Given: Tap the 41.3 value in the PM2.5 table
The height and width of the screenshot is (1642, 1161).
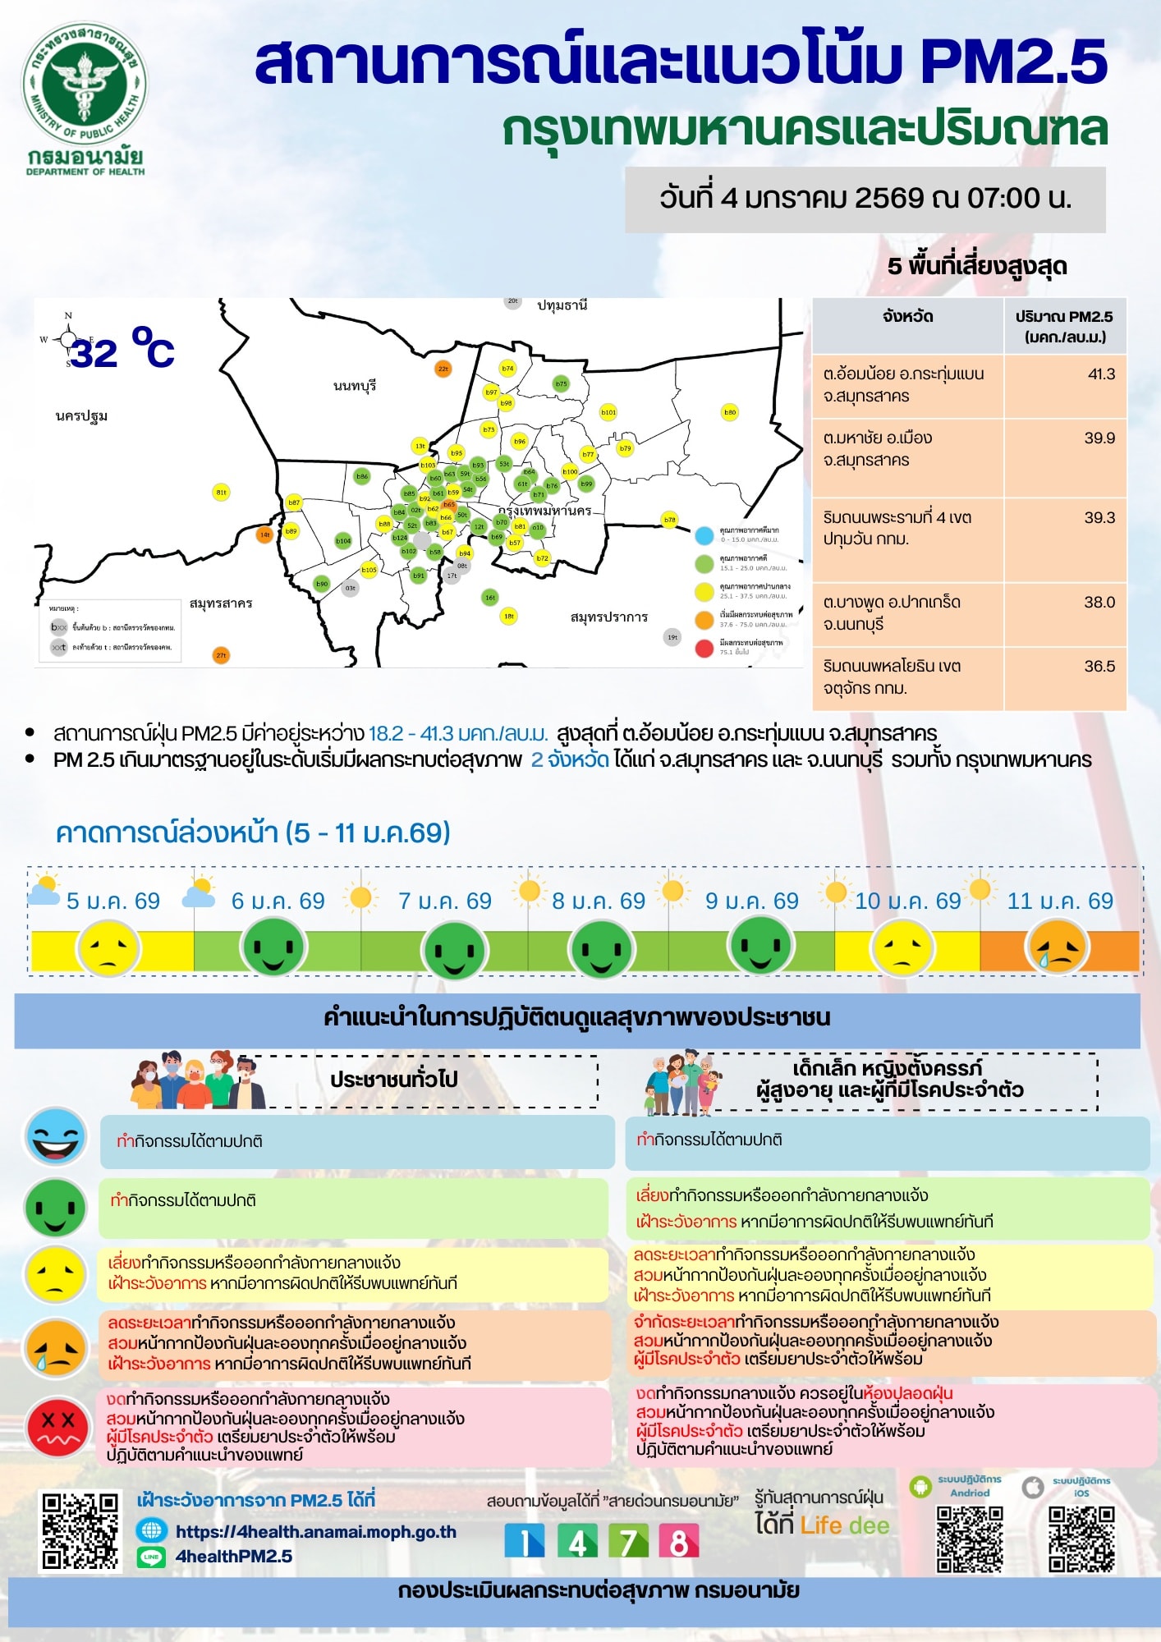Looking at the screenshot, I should pyautogui.click(x=1101, y=374).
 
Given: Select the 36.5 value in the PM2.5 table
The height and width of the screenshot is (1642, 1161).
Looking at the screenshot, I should pyautogui.click(x=1099, y=667).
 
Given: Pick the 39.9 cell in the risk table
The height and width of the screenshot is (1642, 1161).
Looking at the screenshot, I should pyautogui.click(x=1099, y=438).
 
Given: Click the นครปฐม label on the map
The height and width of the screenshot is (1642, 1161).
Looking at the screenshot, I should pyautogui.click(x=81, y=416).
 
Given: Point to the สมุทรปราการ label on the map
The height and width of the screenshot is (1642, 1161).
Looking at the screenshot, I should pyautogui.click(x=608, y=617).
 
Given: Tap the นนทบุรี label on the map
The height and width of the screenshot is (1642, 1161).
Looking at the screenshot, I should pyautogui.click(x=355, y=385).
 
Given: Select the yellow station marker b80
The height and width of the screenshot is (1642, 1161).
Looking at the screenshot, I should pyautogui.click(x=729, y=412).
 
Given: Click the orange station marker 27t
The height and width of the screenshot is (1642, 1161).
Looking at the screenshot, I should pyautogui.click(x=221, y=655).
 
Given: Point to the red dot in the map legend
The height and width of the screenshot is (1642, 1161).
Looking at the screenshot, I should pyautogui.click(x=704, y=649).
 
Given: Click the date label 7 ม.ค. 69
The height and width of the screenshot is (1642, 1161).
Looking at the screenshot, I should pyautogui.click(x=445, y=901).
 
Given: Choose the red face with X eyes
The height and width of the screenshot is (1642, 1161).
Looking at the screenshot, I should pyautogui.click(x=57, y=1426).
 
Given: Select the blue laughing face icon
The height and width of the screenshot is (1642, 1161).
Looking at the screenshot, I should pyautogui.click(x=56, y=1137).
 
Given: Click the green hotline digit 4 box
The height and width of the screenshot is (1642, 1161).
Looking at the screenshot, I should pyautogui.click(x=577, y=1541).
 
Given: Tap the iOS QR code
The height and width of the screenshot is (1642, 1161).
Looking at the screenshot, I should pyautogui.click(x=1081, y=1539).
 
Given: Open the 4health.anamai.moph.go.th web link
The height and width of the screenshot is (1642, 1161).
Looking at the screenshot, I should pyautogui.click(x=316, y=1531).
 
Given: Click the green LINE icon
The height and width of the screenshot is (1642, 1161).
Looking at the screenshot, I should pyautogui.click(x=151, y=1557).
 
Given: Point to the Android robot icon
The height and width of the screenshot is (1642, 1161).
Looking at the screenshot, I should pyautogui.click(x=921, y=1486).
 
